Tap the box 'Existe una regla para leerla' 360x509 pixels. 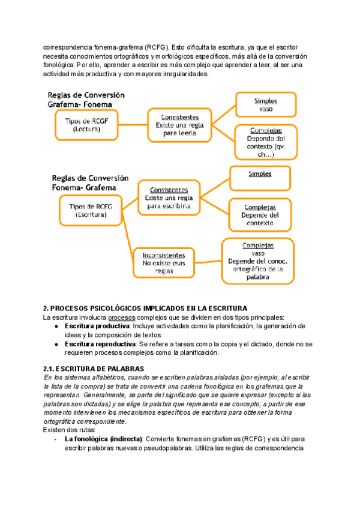pyautogui.click(x=180, y=125)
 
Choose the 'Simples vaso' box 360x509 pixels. pyautogui.click(x=265, y=106)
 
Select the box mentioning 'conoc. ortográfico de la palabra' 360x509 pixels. pyautogui.click(x=258, y=261)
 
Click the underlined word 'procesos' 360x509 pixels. pyautogui.click(x=122, y=317)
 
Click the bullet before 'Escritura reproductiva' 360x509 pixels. pyautogui.click(x=55, y=345)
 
